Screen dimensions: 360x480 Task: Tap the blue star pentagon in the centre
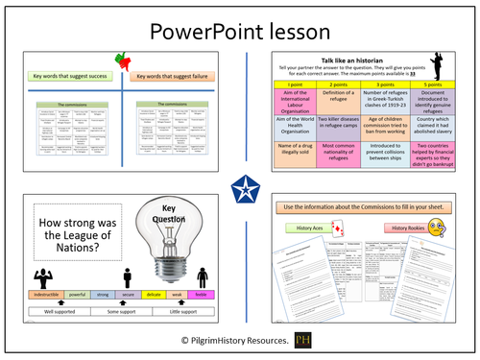click(240, 180)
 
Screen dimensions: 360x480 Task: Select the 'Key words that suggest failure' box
click(176, 74)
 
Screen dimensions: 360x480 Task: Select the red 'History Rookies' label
click(400, 227)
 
